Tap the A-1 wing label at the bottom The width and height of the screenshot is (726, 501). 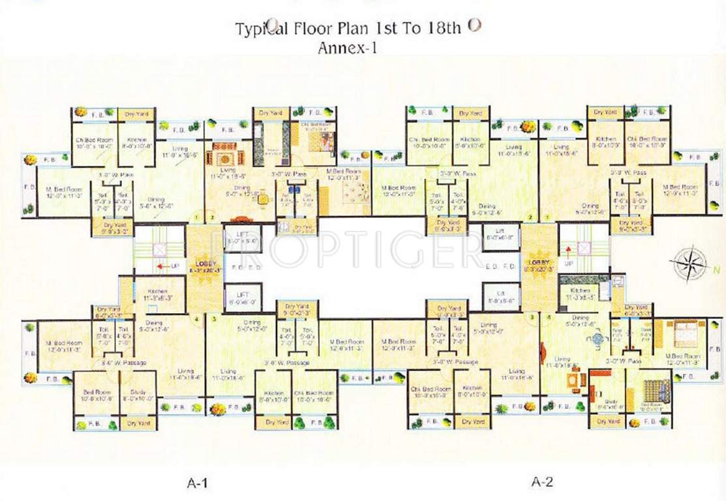tap(197, 483)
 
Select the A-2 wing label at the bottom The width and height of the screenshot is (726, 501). tap(542, 483)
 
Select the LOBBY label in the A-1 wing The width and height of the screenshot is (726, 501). tap(200, 263)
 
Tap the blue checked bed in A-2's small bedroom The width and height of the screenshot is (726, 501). tap(654, 391)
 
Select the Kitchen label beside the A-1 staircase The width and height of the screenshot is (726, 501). tap(157, 292)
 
